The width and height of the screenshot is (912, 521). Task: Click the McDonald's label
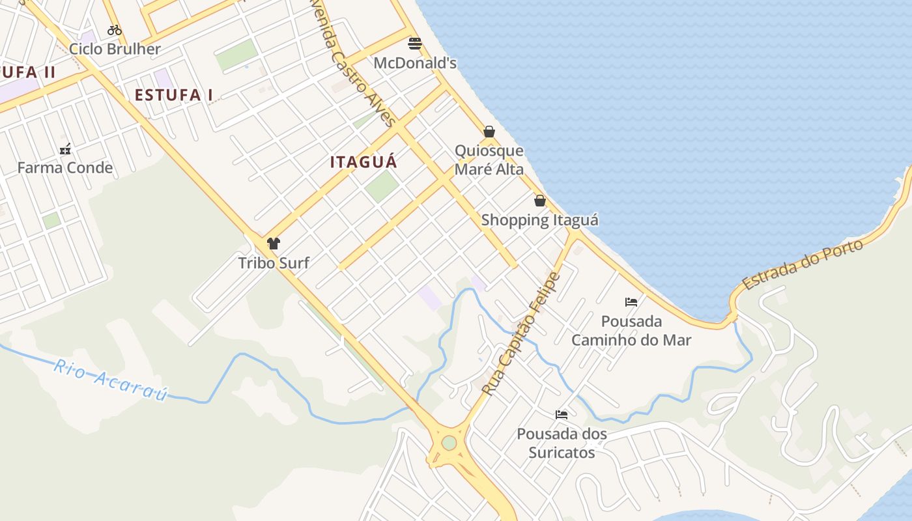point(415,63)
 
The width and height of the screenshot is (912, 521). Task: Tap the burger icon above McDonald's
point(415,44)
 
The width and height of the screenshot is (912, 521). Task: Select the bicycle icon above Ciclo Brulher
point(115,29)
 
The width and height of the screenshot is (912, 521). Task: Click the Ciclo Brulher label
point(115,49)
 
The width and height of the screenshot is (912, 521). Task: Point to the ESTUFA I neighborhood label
point(174,95)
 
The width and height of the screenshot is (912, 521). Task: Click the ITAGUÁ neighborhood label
point(363,162)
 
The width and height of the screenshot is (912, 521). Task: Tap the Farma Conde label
point(65,168)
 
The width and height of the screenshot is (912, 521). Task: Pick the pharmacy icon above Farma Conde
point(65,149)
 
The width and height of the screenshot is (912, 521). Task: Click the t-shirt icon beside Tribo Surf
point(274,244)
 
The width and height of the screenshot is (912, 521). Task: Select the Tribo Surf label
point(274,263)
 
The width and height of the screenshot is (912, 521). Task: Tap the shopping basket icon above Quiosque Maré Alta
point(489,132)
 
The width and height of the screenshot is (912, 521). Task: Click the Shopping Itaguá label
point(539,220)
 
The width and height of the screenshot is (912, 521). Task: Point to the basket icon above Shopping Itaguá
point(539,201)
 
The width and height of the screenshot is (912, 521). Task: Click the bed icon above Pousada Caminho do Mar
point(631,302)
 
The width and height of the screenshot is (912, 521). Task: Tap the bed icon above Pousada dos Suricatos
point(562,415)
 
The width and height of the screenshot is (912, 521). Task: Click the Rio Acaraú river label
point(111,380)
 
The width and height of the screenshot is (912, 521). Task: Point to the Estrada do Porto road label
point(803,264)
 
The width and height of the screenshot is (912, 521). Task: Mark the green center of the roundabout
point(449,443)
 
